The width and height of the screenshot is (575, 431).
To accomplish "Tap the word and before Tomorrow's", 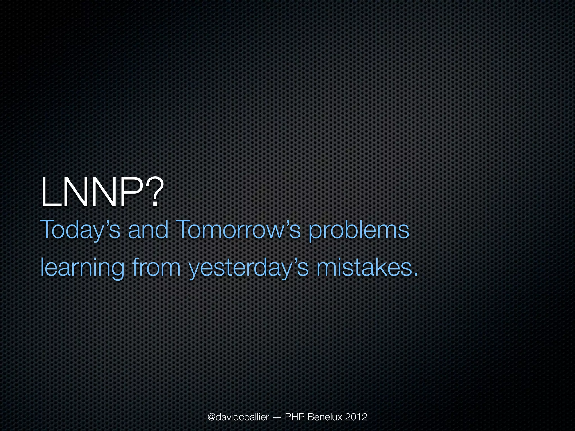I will [148, 230].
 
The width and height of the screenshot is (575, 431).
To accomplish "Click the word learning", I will [82, 268].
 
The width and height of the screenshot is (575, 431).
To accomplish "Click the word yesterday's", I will [248, 268].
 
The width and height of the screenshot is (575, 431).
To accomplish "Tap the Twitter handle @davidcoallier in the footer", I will [238, 417].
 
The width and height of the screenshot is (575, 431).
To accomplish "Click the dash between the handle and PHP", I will [276, 418].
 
